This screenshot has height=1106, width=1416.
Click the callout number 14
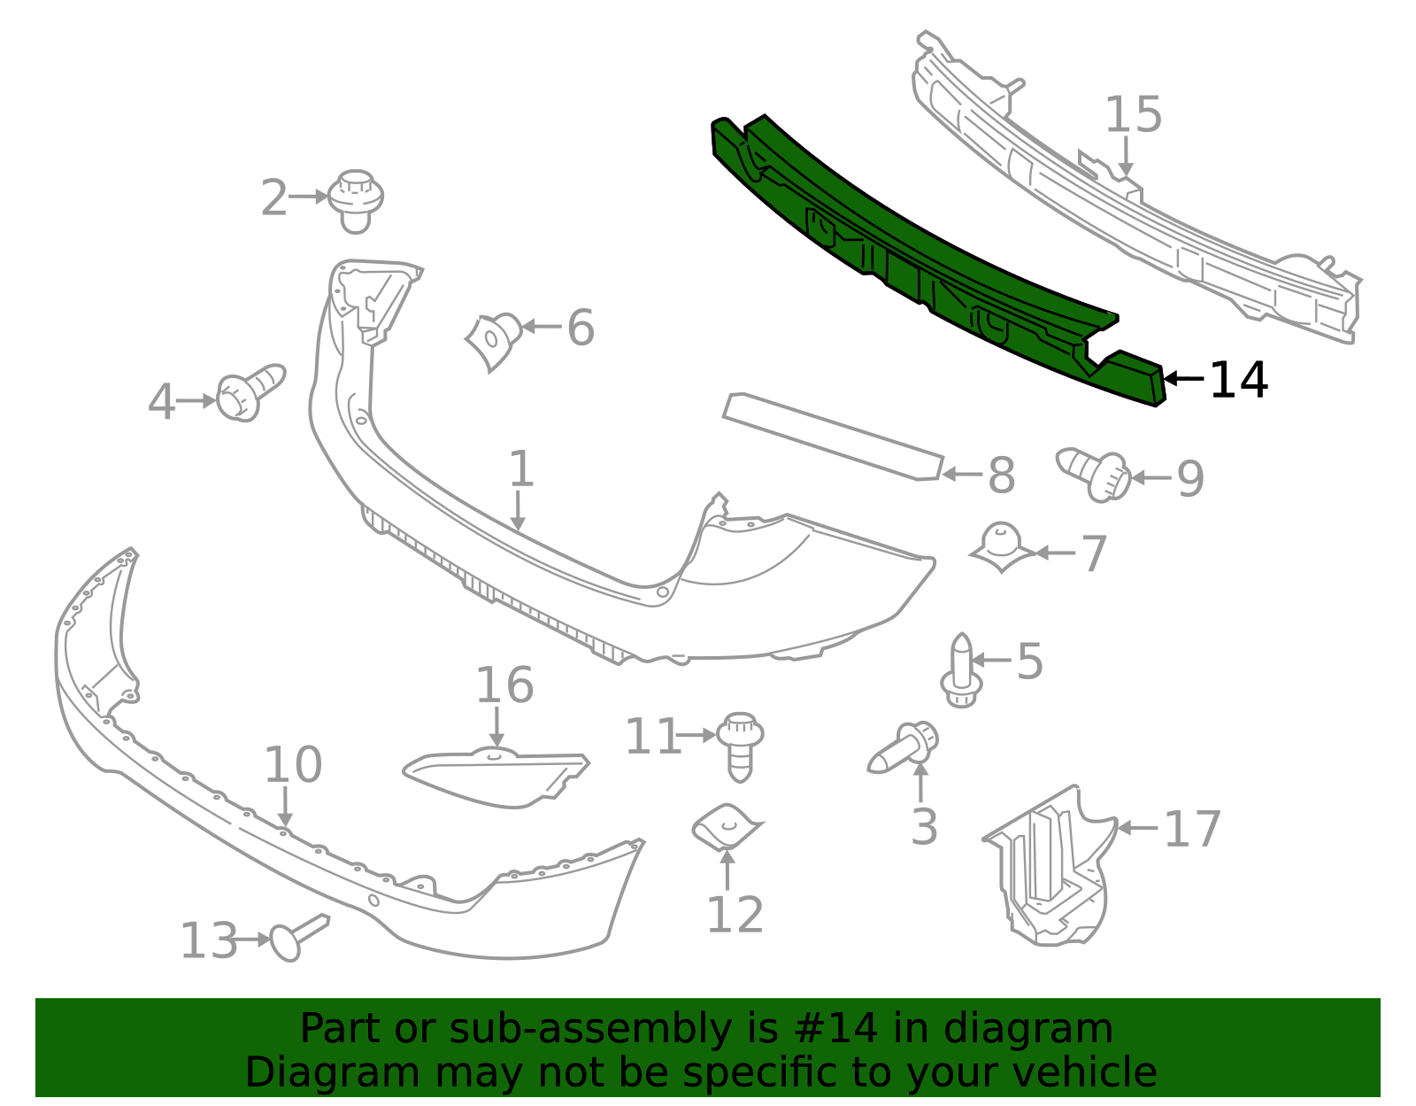click(x=1238, y=380)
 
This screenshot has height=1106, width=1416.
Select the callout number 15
click(x=1133, y=115)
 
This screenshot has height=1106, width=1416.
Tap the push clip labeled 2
click(x=355, y=201)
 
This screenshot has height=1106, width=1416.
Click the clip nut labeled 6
click(x=494, y=340)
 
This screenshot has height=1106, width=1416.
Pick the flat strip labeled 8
click(x=833, y=436)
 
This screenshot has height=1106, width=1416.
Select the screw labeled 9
click(x=1094, y=474)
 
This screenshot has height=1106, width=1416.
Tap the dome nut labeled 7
click(x=1002, y=546)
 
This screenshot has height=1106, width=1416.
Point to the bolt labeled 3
click(x=904, y=749)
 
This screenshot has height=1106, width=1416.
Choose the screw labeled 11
click(x=740, y=746)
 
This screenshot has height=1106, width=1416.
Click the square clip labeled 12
click(x=727, y=827)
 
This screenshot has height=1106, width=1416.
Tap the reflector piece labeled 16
click(x=496, y=778)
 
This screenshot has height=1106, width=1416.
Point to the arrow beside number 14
click(x=1183, y=378)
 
